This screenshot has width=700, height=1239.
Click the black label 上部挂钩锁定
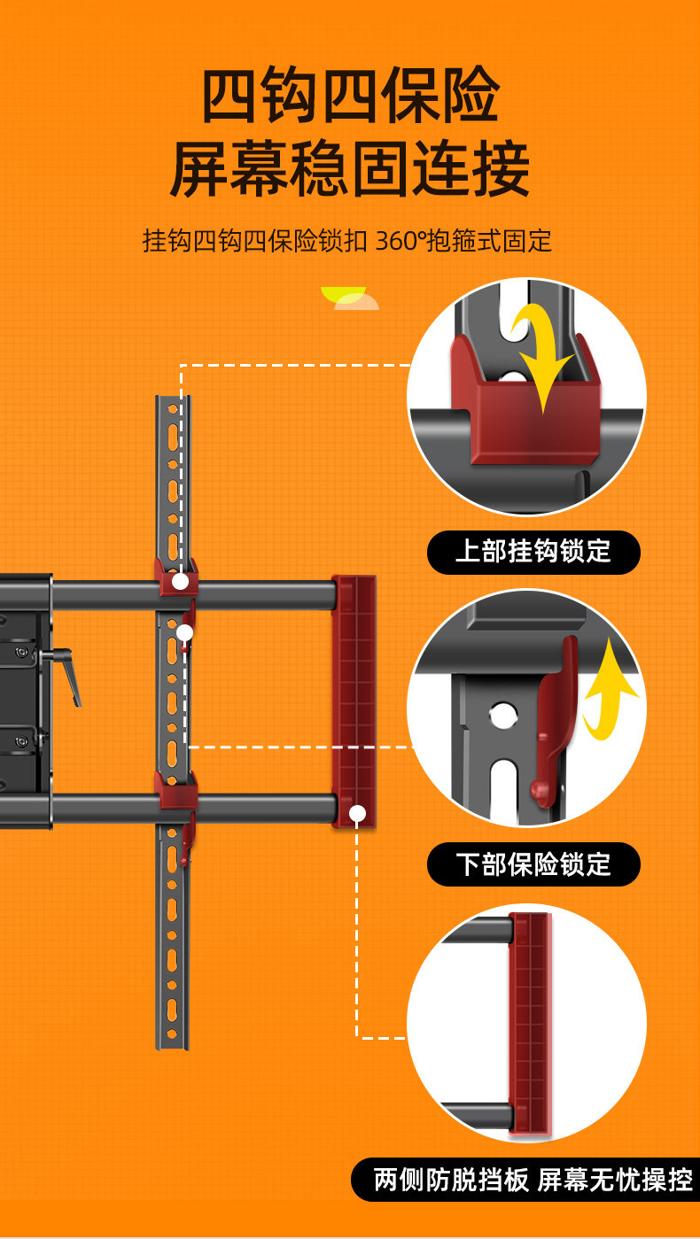(533, 552)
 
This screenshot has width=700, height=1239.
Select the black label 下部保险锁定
(533, 864)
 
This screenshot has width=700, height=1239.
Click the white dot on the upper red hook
(180, 582)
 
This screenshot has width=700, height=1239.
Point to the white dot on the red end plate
(357, 813)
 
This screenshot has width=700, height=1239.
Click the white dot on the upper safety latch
(184, 632)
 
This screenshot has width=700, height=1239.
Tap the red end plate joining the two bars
(354, 700)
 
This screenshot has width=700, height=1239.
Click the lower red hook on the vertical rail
(175, 790)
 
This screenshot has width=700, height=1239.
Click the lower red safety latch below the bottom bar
(186, 841)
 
